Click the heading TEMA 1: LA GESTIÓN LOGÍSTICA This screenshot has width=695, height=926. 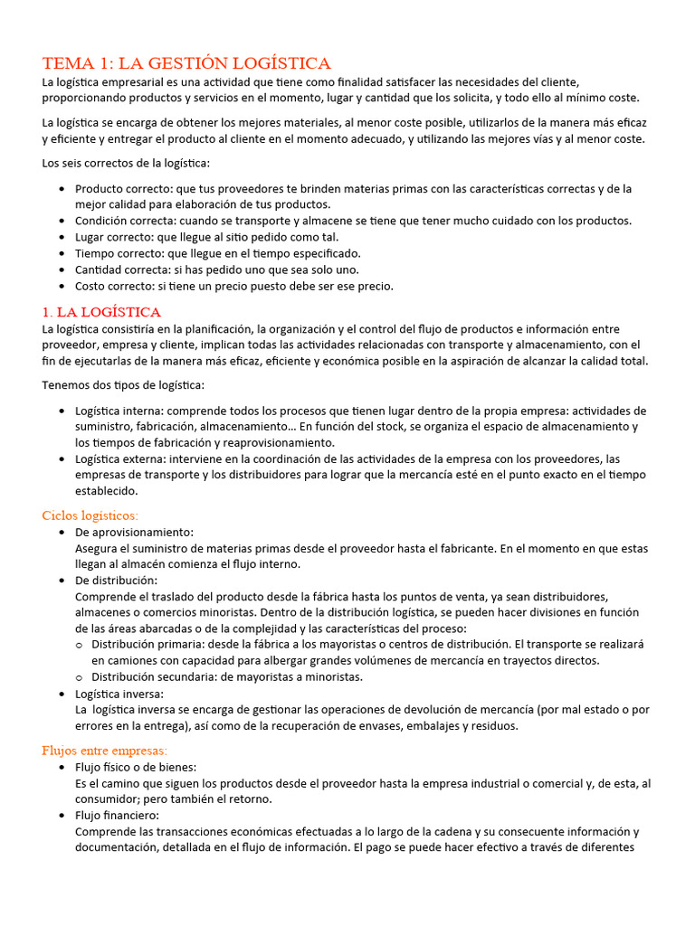(186, 62)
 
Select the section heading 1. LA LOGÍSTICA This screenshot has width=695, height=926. (101, 312)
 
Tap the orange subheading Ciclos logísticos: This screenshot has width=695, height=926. (90, 515)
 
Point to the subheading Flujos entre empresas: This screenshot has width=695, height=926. (105, 751)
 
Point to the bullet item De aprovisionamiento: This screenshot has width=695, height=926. (134, 533)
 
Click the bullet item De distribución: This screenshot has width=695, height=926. (116, 581)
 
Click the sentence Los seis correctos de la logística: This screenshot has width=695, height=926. (125, 164)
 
